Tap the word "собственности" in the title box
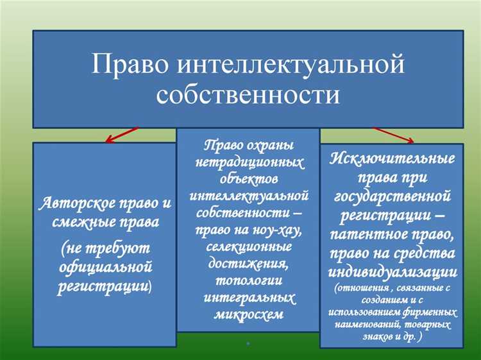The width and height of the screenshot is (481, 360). click(248, 94)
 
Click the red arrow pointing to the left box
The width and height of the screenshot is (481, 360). click(121, 134)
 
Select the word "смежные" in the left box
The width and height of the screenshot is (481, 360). click(80, 223)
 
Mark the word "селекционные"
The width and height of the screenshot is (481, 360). click(248, 246)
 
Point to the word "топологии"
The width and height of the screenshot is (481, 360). click(248, 280)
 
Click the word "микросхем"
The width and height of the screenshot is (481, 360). click(248, 314)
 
